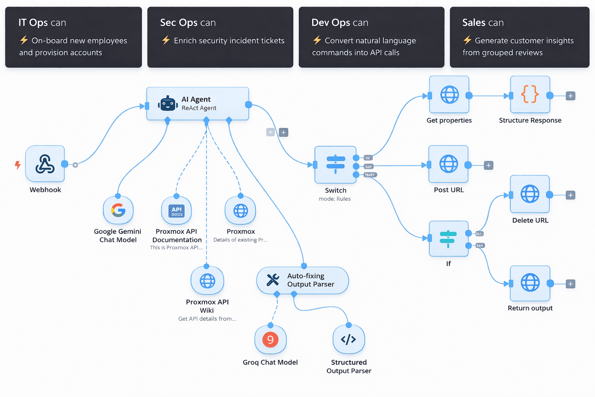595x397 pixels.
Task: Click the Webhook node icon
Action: click(45, 164)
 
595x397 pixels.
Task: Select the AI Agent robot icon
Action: click(168, 104)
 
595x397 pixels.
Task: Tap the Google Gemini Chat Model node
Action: click(118, 211)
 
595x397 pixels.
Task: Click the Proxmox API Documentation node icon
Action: click(177, 211)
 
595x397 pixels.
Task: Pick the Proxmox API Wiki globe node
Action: click(207, 281)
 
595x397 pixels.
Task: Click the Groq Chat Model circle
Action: click(270, 340)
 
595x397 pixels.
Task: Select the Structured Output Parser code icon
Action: click(349, 340)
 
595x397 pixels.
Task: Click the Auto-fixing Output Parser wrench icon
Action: click(273, 280)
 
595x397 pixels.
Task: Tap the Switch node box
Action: click(335, 165)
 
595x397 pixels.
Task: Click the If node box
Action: click(449, 239)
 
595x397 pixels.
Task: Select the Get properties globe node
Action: click(449, 95)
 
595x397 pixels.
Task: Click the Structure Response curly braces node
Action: click(530, 95)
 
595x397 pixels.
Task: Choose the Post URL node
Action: click(449, 164)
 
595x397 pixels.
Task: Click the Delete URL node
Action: click(530, 194)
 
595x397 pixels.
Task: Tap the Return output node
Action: click(530, 283)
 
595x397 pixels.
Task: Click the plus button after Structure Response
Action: click(570, 96)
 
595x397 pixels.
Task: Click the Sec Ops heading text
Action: click(188, 23)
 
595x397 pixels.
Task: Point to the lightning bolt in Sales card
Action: click(468, 40)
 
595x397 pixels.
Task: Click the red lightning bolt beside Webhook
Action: click(18, 165)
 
